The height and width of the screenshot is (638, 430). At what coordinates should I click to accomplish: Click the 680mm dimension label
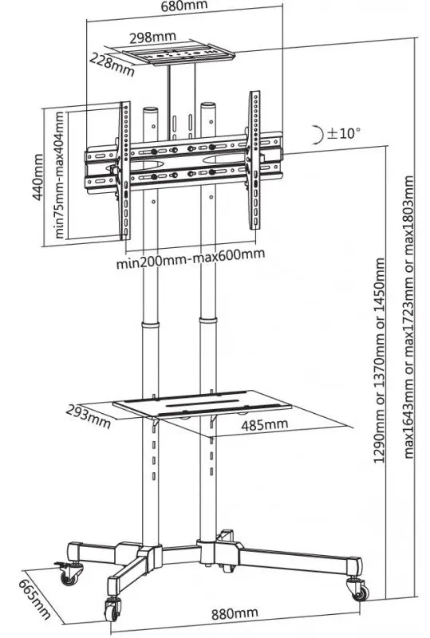click(x=185, y=7)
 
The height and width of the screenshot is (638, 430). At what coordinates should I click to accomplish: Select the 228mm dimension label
click(x=111, y=63)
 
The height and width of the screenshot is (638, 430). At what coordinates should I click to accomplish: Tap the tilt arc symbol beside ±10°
click(x=318, y=133)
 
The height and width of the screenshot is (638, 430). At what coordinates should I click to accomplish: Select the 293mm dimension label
click(x=89, y=414)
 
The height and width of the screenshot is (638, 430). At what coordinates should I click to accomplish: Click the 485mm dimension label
click(x=264, y=423)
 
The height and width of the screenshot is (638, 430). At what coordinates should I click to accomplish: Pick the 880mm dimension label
click(x=235, y=612)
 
